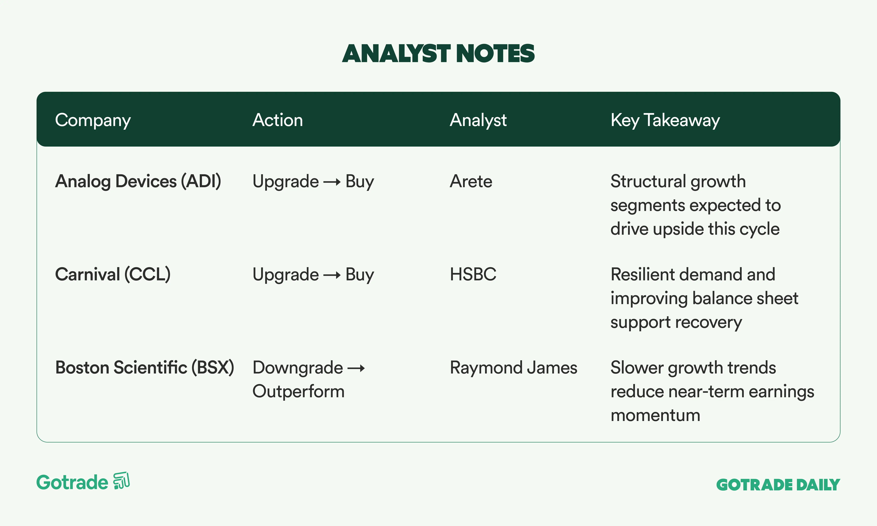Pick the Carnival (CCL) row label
click(x=113, y=275)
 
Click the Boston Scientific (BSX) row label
click(x=145, y=368)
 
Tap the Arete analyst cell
click(x=471, y=181)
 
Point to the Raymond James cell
click(x=513, y=368)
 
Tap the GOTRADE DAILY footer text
click(x=778, y=485)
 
